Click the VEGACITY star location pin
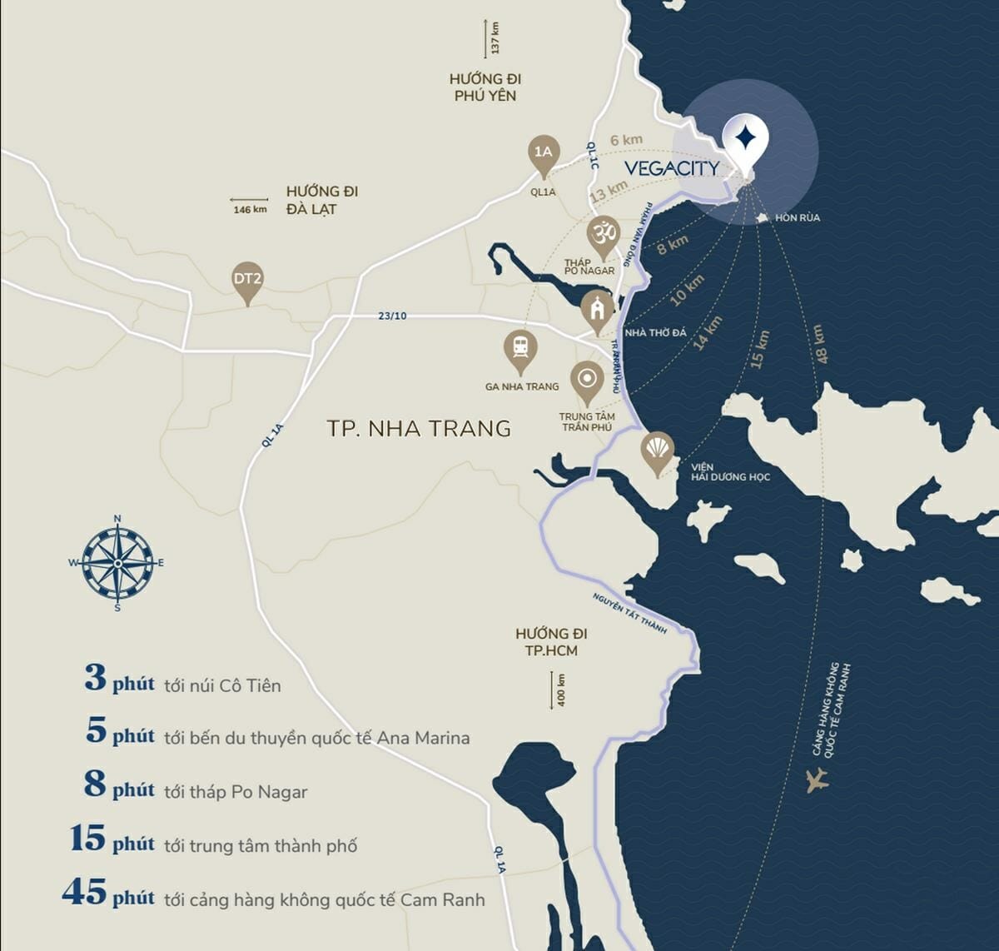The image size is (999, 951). click(x=745, y=138)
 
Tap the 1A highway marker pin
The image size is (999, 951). click(x=543, y=154)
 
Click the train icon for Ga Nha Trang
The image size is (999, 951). click(x=521, y=348)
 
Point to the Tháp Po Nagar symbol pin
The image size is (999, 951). click(x=604, y=234)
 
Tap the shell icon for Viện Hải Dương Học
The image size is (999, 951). click(x=659, y=451)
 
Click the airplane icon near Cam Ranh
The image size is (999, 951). click(x=818, y=779)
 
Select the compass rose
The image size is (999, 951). click(x=117, y=563)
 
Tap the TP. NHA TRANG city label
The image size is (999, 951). click(x=419, y=429)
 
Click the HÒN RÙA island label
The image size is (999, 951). click(x=797, y=218)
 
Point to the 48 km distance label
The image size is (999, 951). click(x=820, y=343)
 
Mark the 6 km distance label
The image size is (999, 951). click(x=626, y=141)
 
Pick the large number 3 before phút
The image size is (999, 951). click(x=96, y=678)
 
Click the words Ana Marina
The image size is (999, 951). click(x=423, y=738)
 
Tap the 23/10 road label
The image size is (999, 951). click(x=392, y=316)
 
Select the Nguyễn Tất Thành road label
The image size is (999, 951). click(x=629, y=614)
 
